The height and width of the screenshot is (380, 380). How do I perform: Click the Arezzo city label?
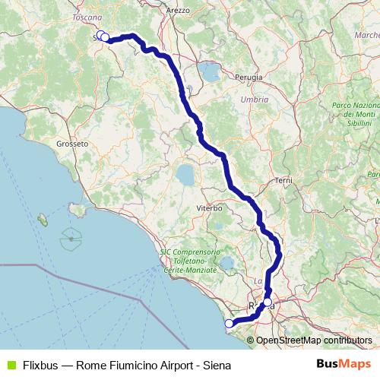click(177, 10)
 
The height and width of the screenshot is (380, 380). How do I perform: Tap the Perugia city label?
click(249, 78)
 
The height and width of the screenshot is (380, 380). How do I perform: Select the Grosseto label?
click(73, 142)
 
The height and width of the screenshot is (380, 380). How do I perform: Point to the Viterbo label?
click(209, 207)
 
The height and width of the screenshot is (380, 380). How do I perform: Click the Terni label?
click(285, 180)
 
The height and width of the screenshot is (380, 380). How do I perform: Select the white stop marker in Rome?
click(267, 302)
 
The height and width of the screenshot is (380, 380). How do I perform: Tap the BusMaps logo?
click(344, 364)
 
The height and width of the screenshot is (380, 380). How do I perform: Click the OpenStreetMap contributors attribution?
click(313, 340)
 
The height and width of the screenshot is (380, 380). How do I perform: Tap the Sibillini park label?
click(356, 115)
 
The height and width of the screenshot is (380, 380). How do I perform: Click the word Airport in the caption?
click(168, 364)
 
